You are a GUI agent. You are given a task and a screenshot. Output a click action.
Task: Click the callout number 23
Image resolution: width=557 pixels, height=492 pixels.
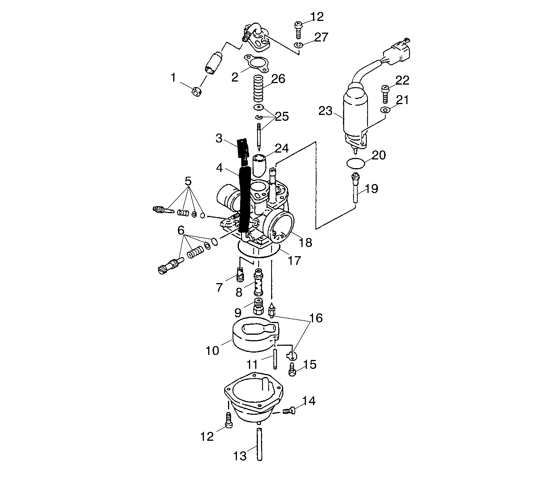[x=325, y=111]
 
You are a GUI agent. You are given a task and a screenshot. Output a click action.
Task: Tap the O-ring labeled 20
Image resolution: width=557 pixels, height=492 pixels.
[x=355, y=163]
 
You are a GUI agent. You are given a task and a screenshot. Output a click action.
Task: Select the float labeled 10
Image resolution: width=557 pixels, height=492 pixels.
[x=252, y=335]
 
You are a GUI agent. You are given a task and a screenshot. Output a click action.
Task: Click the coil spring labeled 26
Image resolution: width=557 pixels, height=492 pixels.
[x=260, y=89]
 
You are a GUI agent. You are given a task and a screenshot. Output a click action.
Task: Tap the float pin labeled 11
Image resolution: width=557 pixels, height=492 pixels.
[x=275, y=359]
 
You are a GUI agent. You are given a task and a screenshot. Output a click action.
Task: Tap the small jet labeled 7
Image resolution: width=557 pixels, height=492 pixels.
[x=240, y=276]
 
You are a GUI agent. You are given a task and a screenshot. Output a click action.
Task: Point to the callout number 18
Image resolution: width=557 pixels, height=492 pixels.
[x=306, y=242]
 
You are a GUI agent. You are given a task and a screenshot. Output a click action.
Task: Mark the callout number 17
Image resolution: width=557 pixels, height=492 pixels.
[x=294, y=260]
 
